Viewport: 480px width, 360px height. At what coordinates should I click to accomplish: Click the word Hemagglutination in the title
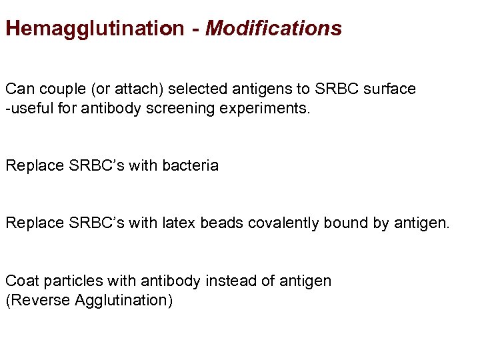pos(94,29)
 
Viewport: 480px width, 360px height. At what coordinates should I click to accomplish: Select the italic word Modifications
pos(274,29)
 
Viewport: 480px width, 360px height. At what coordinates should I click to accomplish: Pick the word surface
pos(389,89)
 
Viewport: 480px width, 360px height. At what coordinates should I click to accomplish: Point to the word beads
pos(219,223)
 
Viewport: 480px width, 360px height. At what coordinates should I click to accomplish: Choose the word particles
pos(67,281)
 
